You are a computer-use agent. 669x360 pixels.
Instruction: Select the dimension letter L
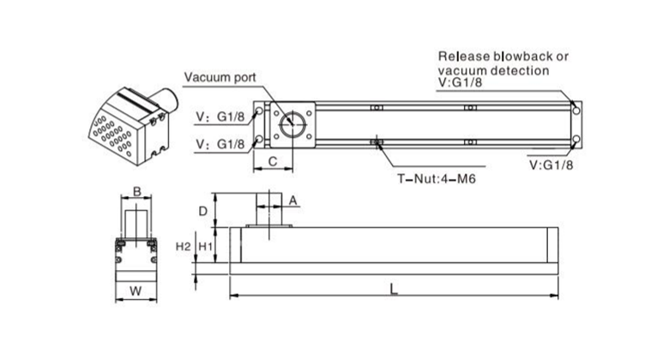(393, 289)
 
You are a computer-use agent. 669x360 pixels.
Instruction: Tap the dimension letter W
(135, 291)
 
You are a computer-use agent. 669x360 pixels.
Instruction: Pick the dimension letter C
(272, 161)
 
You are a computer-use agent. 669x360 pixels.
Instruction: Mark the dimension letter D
(203, 210)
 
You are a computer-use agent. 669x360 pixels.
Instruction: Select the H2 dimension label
(183, 247)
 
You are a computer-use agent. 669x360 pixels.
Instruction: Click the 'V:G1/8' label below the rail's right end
(551, 163)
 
